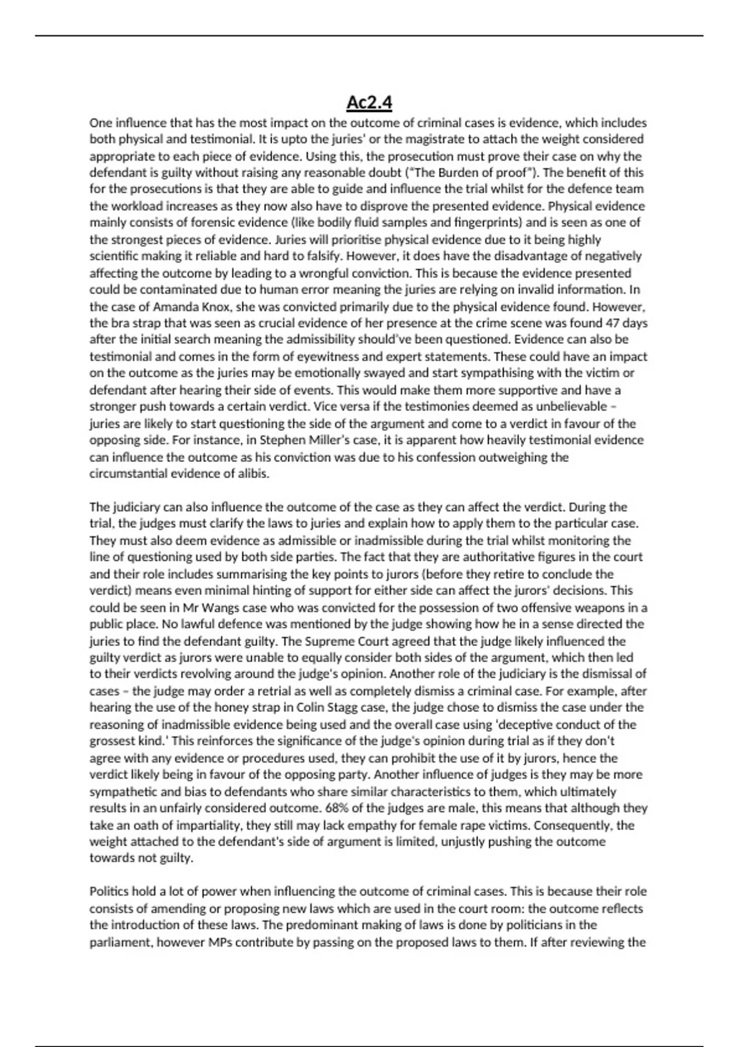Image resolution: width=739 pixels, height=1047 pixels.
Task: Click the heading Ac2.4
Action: [x=369, y=102]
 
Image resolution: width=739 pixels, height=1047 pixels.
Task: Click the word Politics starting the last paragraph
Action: [x=110, y=891]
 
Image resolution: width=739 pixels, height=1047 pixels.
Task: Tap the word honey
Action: [x=230, y=708]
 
